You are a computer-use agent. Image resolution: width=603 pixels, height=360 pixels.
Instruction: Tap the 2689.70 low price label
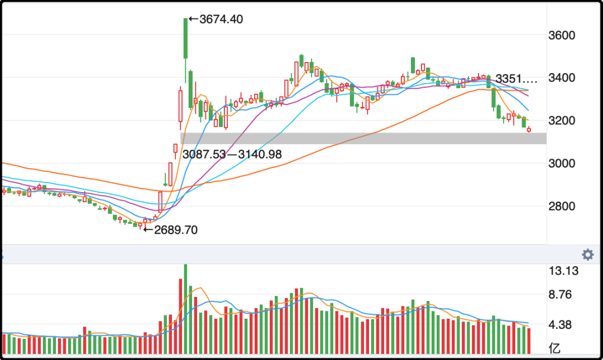pos(176,229)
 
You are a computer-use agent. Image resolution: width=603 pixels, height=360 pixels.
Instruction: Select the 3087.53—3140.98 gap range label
pos(232,154)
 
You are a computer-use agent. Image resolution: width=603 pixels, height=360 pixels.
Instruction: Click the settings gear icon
pos(587,255)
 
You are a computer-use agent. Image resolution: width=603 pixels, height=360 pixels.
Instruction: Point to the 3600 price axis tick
pos(563,36)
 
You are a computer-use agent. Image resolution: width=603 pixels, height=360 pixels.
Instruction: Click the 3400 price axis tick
pos(563,78)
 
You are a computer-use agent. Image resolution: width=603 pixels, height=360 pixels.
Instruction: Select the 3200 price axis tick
pos(563,121)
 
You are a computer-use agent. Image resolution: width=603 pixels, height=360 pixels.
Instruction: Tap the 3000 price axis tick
pos(563,164)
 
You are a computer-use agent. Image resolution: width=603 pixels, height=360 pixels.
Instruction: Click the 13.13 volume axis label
pos(564,271)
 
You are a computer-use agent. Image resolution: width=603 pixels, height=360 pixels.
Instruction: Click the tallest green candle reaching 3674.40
pos(185,38)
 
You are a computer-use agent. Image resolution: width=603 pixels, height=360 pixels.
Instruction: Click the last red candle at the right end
pos(529,130)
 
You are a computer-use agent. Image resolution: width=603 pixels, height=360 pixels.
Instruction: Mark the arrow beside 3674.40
pos(193,19)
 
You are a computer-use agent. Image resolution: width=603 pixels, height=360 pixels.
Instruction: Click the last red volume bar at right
pos(529,341)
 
